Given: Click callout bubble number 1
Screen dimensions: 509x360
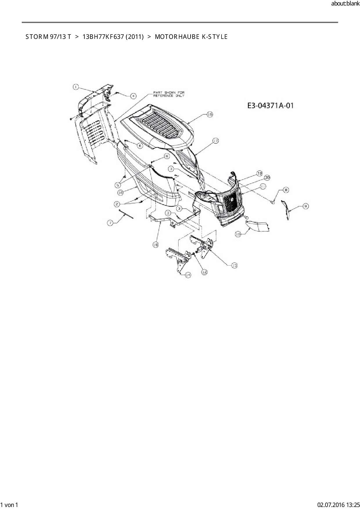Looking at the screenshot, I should click(75, 86).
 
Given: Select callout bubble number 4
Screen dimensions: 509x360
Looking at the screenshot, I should click(133, 95).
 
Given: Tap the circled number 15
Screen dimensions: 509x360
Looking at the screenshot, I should click(210, 115).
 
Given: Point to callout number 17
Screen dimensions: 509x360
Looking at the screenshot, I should click(215, 141).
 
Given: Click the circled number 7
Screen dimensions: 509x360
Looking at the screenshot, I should click(111, 223).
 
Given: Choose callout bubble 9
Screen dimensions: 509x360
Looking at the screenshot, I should click(305, 206).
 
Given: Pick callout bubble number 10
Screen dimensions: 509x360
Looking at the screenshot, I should click(238, 234).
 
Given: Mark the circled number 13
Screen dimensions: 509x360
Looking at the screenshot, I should click(234, 265).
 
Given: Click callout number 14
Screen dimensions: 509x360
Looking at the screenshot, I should click(188, 275).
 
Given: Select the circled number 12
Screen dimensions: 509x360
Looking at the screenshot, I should click(204, 272).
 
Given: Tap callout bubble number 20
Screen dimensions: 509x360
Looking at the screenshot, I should click(267, 177).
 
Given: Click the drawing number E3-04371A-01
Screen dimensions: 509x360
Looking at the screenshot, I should click(270, 105).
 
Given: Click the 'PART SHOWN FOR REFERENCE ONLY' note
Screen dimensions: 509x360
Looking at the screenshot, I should click(169, 94).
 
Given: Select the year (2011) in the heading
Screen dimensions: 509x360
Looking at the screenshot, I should click(135, 37).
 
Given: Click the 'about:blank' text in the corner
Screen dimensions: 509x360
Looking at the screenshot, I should click(345, 4).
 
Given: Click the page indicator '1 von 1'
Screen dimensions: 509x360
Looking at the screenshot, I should click(9, 505).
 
